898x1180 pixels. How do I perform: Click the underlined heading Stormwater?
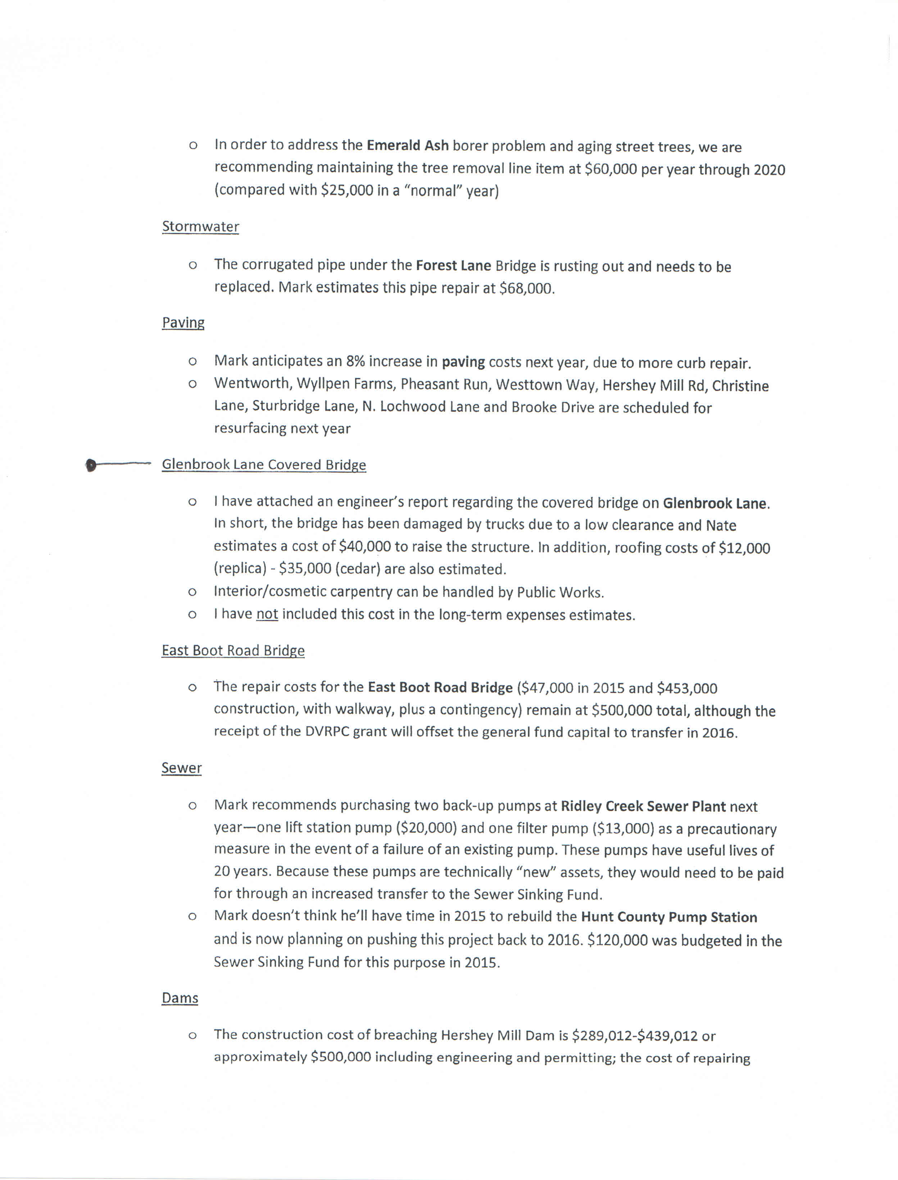coord(200,227)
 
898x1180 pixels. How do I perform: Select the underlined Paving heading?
coord(183,323)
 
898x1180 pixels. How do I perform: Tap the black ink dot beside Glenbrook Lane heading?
coord(91,465)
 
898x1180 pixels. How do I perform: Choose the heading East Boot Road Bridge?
coord(233,650)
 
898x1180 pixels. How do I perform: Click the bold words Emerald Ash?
coord(407,145)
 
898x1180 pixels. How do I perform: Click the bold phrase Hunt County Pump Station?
coord(669,917)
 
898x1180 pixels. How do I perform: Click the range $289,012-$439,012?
coord(635,1036)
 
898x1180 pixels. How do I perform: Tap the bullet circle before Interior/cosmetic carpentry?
coord(192,592)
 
